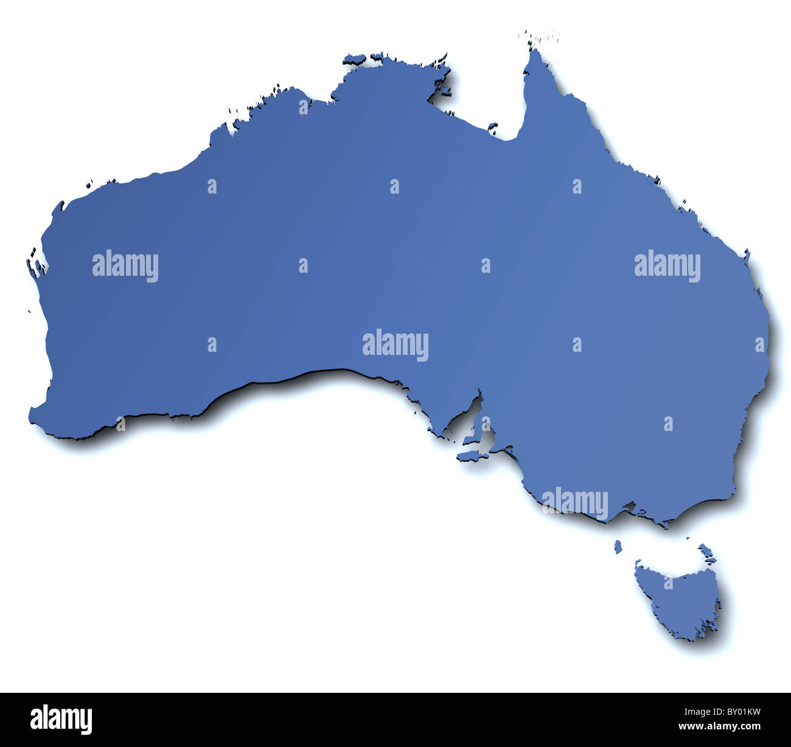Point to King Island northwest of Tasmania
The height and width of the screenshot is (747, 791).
[x=618, y=546]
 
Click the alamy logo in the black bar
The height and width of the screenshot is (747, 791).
[x=61, y=719]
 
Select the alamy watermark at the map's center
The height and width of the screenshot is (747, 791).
[x=395, y=346]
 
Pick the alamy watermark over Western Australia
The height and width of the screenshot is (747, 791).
[x=125, y=266]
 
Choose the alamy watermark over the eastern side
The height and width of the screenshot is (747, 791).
[x=667, y=266]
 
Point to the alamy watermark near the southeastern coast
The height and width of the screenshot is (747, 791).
[x=574, y=503]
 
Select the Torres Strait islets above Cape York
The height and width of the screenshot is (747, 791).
[x=538, y=37]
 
